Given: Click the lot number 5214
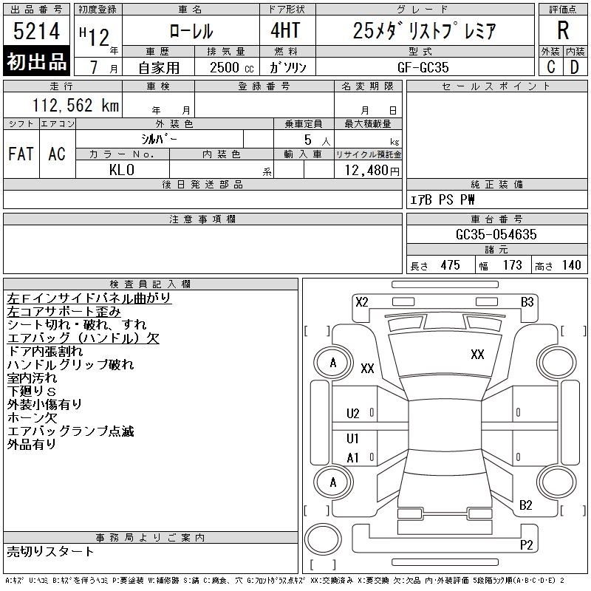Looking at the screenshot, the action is [36, 31].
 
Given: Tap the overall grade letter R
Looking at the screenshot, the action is [563, 30].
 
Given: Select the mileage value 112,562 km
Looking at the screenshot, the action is [75, 105].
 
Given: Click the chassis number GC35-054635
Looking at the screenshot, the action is [496, 234].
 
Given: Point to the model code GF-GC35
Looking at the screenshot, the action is [423, 67].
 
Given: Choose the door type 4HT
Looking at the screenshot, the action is [285, 30].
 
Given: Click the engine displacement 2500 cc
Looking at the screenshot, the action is [231, 67].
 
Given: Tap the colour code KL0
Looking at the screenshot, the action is [122, 170].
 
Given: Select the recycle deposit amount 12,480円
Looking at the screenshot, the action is [372, 171].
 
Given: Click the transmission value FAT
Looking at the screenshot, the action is [21, 154].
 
